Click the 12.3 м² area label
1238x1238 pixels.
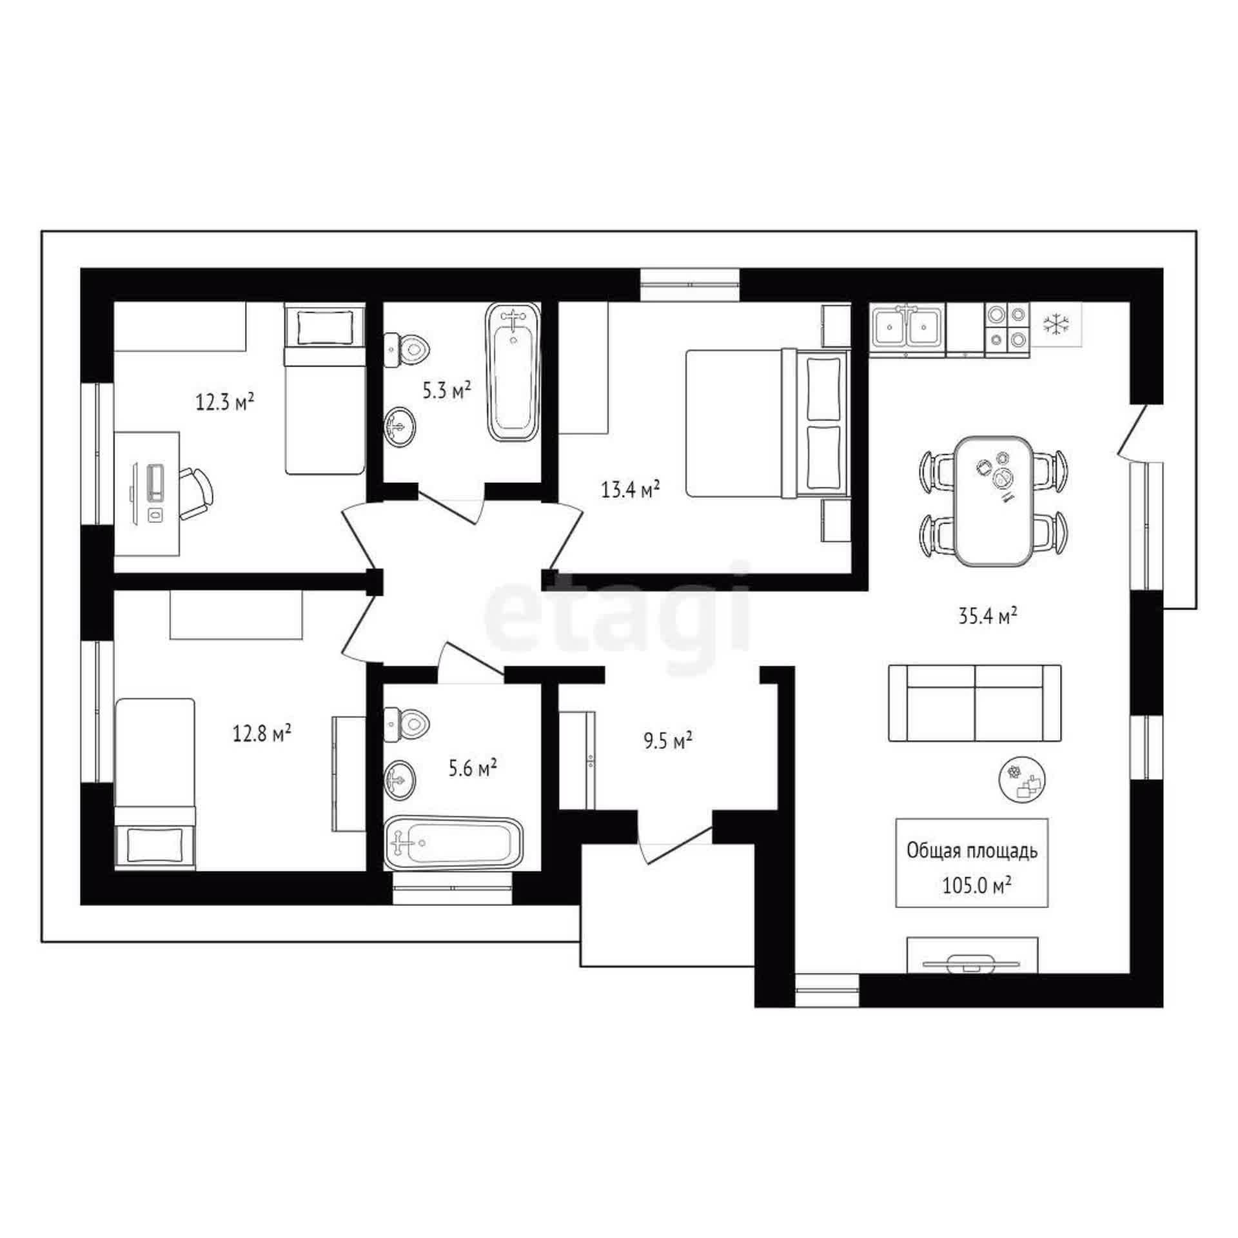[224, 402]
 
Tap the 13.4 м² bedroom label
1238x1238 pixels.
[631, 490]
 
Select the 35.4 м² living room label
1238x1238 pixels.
[987, 617]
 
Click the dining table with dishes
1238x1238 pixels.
[992, 501]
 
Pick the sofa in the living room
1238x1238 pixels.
[974, 703]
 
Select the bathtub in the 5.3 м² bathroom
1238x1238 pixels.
[513, 372]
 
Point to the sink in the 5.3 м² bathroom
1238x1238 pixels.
[400, 426]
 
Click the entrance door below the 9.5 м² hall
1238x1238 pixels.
[677, 842]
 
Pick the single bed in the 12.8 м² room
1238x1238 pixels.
[155, 783]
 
